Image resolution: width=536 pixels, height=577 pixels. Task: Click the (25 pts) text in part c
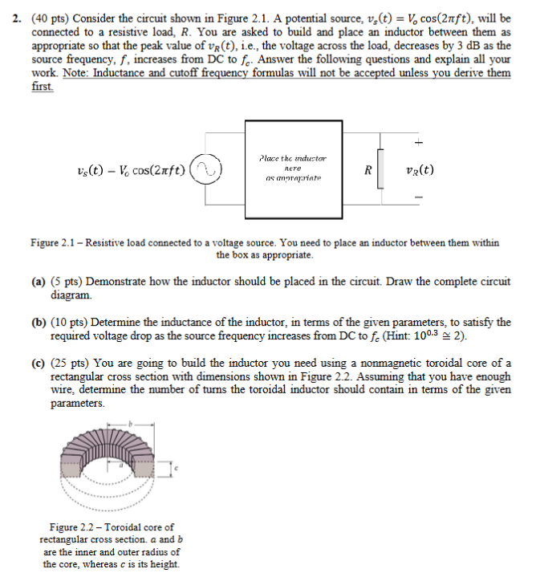(70, 363)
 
